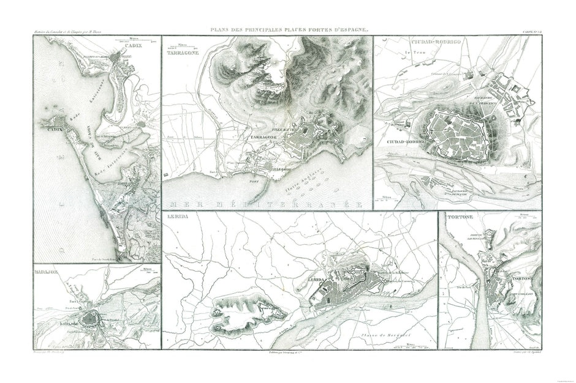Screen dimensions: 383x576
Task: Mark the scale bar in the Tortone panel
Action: pos(524,217)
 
